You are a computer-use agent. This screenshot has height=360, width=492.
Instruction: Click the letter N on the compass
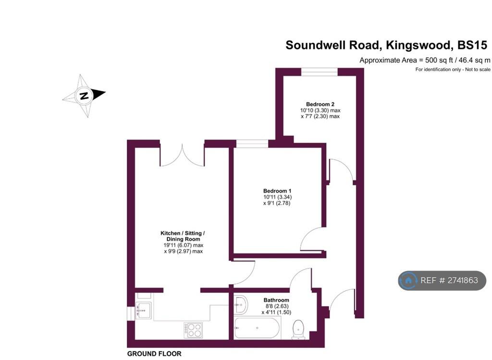tap(84, 96)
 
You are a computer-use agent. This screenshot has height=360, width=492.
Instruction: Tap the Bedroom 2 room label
tap(320, 104)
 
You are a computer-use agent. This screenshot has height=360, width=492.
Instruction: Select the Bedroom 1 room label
tap(277, 191)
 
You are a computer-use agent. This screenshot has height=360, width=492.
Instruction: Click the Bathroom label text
tap(276, 300)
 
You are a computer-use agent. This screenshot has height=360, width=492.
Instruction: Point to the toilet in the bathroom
tap(298, 330)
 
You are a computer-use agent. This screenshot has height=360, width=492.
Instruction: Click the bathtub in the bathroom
tap(257, 328)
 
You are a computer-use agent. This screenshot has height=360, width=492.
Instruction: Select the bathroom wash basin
tap(241, 304)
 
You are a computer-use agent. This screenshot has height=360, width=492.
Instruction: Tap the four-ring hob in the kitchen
tap(193, 330)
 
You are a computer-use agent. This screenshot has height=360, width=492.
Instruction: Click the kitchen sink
tap(143, 310)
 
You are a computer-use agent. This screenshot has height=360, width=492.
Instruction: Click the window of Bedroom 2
tap(320, 72)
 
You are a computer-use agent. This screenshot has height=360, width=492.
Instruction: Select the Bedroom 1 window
tap(252, 144)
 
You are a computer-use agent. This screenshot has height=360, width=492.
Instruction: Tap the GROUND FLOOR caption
tap(154, 354)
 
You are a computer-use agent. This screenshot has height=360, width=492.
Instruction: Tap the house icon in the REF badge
tap(408, 280)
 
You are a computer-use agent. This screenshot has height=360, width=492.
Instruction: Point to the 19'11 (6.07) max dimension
tap(183, 245)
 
